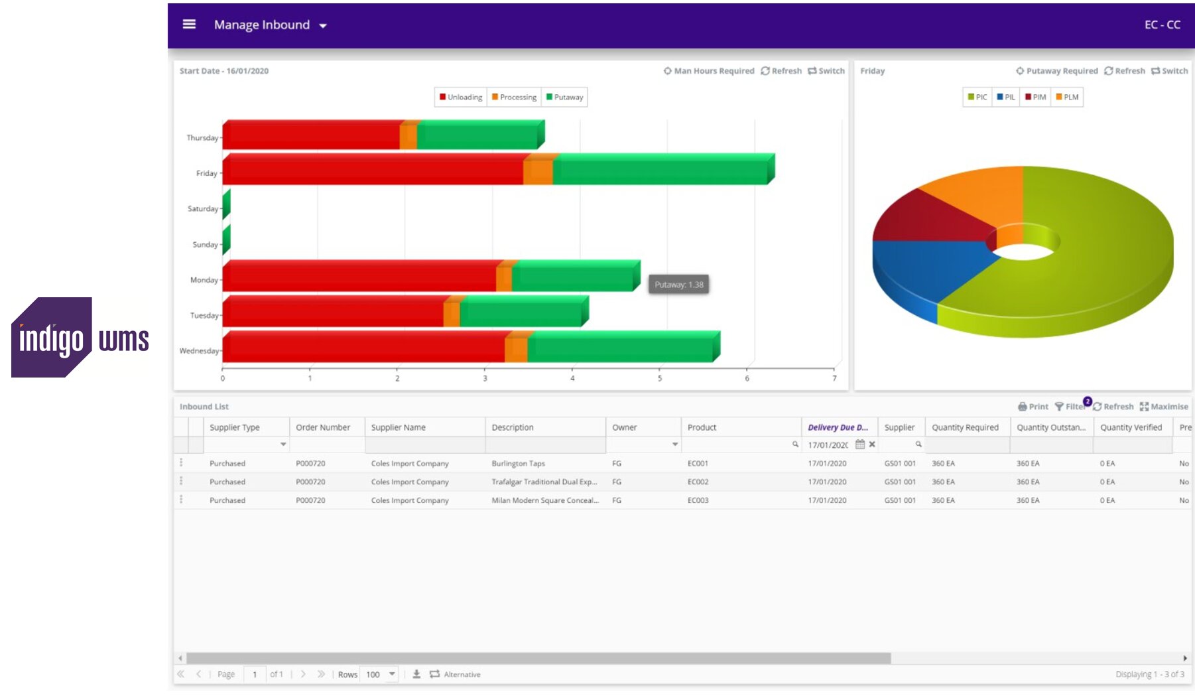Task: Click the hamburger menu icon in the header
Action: click(189, 25)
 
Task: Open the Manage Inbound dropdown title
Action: click(270, 25)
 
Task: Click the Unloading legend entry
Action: click(461, 97)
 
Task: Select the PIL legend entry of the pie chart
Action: click(1005, 97)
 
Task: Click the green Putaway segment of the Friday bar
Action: click(660, 171)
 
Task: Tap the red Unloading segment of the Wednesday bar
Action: click(363, 348)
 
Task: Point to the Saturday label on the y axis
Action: click(202, 209)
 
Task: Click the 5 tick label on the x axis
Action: click(659, 378)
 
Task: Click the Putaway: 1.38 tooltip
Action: click(678, 285)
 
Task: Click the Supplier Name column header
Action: click(398, 427)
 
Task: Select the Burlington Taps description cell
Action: click(518, 463)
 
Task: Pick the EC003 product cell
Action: click(698, 500)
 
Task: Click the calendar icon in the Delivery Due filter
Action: click(860, 445)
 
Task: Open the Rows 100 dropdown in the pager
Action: click(380, 674)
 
